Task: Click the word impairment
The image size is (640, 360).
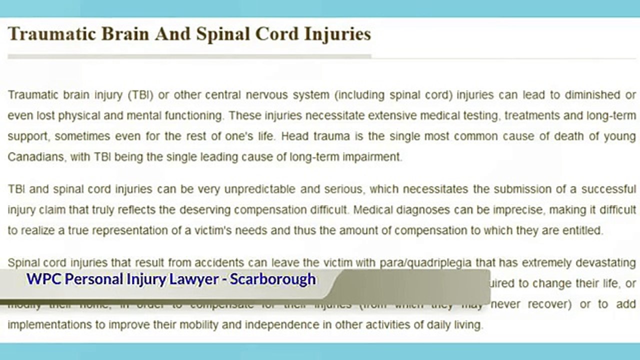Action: (371, 157)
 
